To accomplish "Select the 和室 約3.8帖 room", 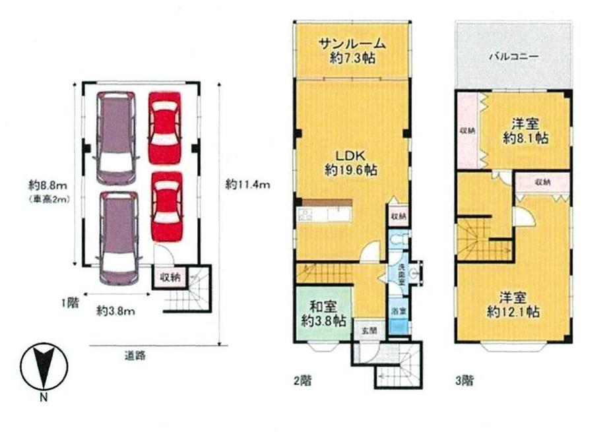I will [323, 313].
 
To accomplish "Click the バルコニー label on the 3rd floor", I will [513, 57].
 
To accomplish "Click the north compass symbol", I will [44, 367].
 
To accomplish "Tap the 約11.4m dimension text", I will [247, 185].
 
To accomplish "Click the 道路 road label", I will [135, 355].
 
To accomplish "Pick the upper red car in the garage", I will [164, 127].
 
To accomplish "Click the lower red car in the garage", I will [166, 206].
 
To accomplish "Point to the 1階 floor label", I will [70, 303].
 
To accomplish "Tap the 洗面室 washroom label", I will [400, 271].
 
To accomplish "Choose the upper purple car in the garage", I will [117, 137].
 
